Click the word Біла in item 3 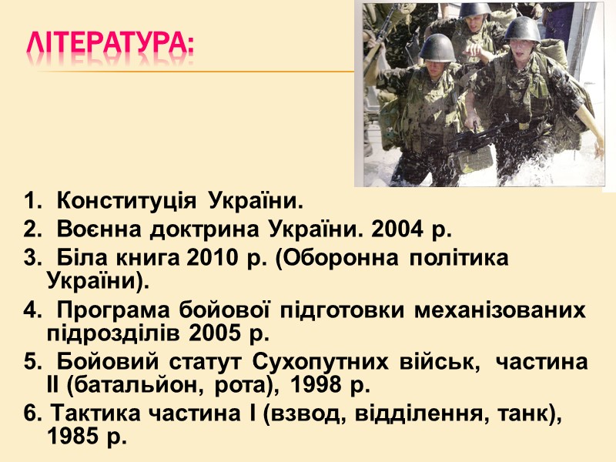pyautogui.click(x=82, y=259)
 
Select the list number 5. pyautogui.click(x=30, y=363)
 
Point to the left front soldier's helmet pyautogui.click(x=437, y=48)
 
